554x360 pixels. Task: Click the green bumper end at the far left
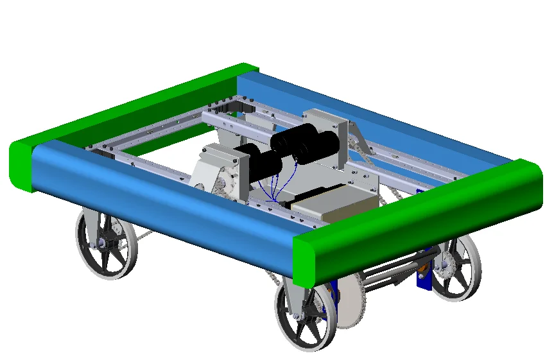click(x=22, y=166)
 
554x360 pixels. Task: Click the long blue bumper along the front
click(x=160, y=193)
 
